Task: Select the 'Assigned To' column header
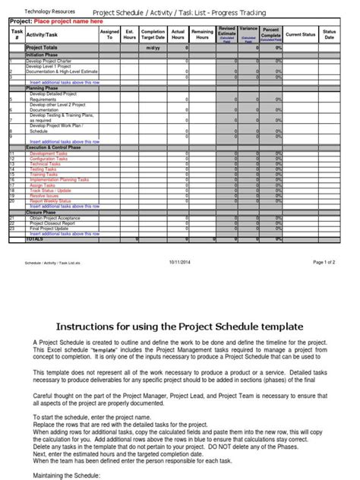(109, 35)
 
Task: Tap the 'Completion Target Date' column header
(155, 35)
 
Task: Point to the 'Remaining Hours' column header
(203, 35)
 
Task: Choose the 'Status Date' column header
(330, 35)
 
